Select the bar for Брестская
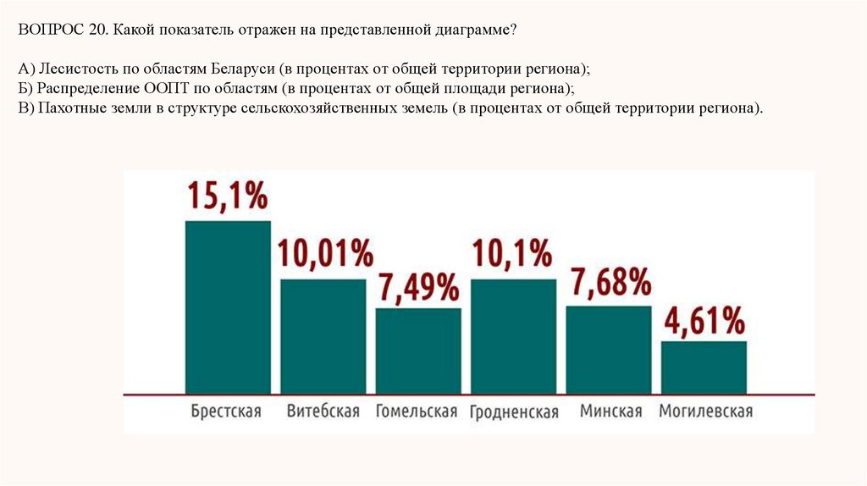[x=228, y=307]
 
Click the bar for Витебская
[x=323, y=336]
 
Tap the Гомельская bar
[x=418, y=351]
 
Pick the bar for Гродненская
[x=513, y=336]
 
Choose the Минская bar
[x=608, y=350]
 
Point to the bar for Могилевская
[x=704, y=367]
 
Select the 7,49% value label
[x=419, y=287]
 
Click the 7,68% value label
[x=610, y=281]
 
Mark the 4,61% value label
[x=704, y=321]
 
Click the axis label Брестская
[x=226, y=411]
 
